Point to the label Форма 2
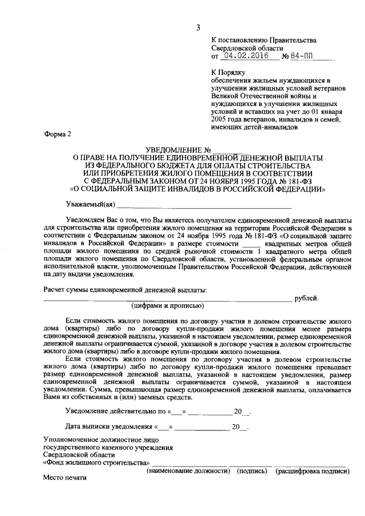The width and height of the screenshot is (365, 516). click(58, 135)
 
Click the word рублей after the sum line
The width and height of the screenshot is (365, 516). click(306, 298)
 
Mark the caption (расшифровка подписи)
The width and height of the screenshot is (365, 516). click(311, 471)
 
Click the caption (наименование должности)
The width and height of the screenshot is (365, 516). click(188, 471)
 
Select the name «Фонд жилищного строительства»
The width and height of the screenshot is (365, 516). click(97, 463)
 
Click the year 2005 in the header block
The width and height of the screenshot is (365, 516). click(220, 120)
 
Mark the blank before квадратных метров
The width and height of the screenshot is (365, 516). click(251, 243)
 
